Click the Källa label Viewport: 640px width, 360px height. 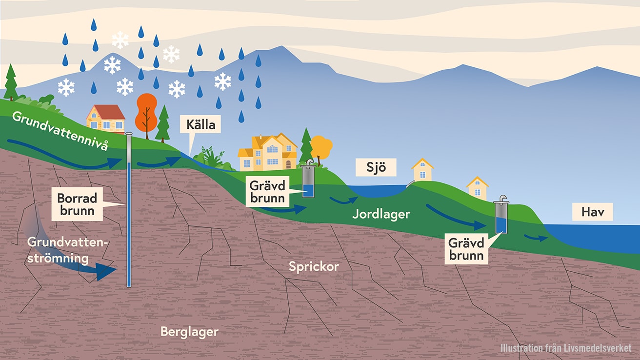[x=200, y=125]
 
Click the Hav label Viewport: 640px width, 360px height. [x=593, y=212]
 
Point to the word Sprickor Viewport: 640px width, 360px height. [x=314, y=266]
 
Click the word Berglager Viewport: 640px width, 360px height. [x=189, y=332]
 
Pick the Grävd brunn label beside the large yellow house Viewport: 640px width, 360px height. [x=267, y=192]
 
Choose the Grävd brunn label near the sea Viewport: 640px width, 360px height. [x=467, y=249]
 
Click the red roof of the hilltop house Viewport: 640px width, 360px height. [x=107, y=112]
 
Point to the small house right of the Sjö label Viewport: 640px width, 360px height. [x=422, y=170]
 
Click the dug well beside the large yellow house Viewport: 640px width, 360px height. [x=308, y=181]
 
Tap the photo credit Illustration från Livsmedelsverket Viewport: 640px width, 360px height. [x=565, y=348]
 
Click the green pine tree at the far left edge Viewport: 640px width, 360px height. [x=11, y=82]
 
